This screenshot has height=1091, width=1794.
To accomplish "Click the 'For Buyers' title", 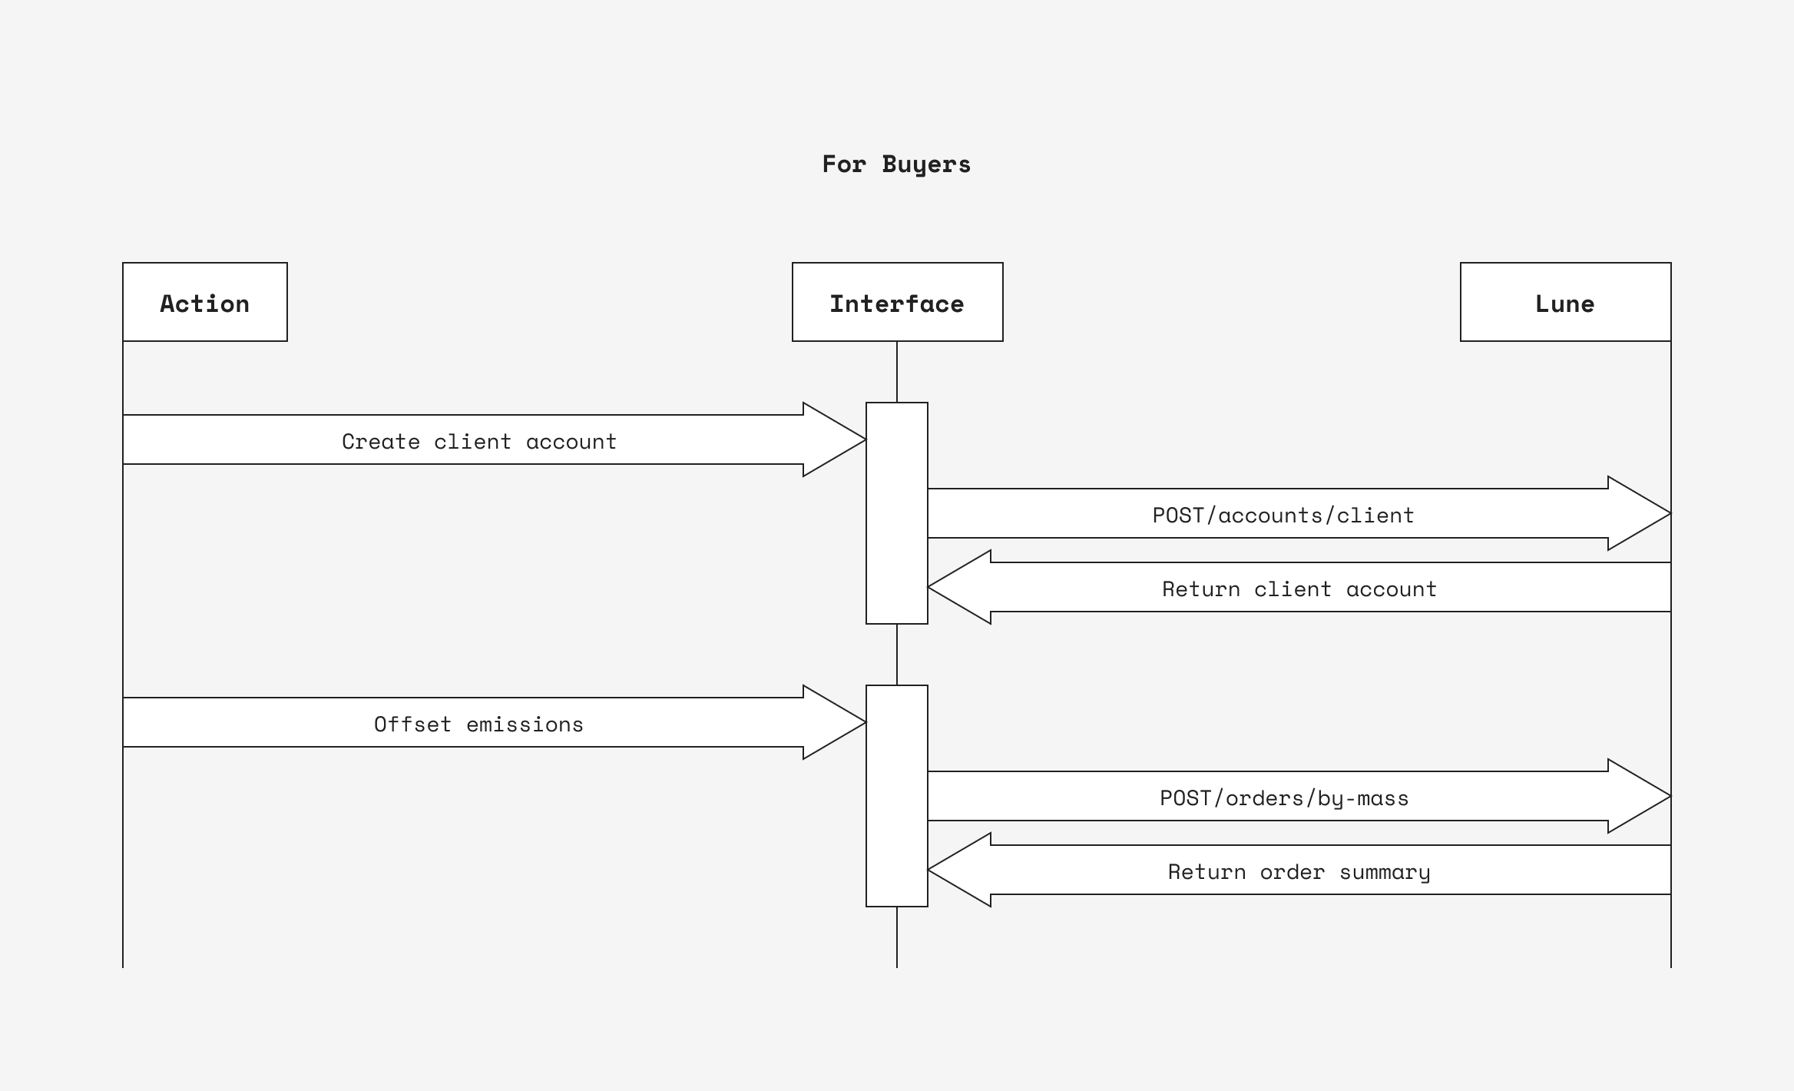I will point(896,164).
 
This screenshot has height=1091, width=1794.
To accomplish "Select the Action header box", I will point(205,302).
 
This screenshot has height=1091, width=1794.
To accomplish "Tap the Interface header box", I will point(897,302).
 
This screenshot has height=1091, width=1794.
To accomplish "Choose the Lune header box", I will point(1565,302).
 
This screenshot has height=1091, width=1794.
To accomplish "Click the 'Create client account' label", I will point(479,442).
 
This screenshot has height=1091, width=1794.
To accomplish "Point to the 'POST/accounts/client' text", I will point(1283,516).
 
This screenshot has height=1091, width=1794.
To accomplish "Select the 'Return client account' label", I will point(1299,589).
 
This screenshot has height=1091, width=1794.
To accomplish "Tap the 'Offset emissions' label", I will point(478,725).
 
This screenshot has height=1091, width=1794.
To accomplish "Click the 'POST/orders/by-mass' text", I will point(1284,798).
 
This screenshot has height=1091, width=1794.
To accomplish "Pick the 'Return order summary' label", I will point(1299,872).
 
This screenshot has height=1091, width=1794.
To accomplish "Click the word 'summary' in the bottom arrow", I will point(1385,873).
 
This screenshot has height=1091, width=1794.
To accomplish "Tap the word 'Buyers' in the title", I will point(926,164).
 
